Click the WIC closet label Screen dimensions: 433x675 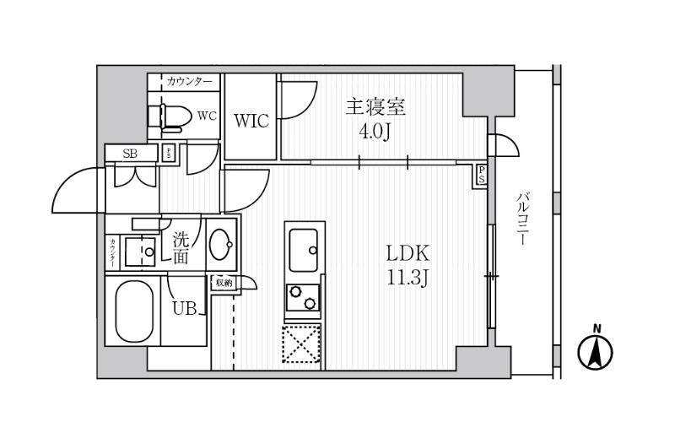click(x=251, y=121)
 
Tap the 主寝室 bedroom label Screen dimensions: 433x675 click(x=375, y=108)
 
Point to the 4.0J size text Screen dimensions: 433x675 click(x=375, y=133)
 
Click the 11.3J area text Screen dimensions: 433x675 click(x=408, y=278)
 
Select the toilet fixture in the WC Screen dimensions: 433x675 click(x=168, y=117)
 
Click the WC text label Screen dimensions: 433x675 click(x=207, y=116)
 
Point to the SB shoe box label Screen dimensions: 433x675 click(x=130, y=154)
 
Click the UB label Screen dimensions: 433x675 click(x=185, y=308)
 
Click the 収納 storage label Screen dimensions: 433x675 click(x=224, y=283)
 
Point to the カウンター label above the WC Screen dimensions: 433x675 click(x=189, y=81)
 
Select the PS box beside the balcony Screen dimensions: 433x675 click(x=481, y=175)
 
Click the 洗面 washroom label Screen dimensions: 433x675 click(x=181, y=248)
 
